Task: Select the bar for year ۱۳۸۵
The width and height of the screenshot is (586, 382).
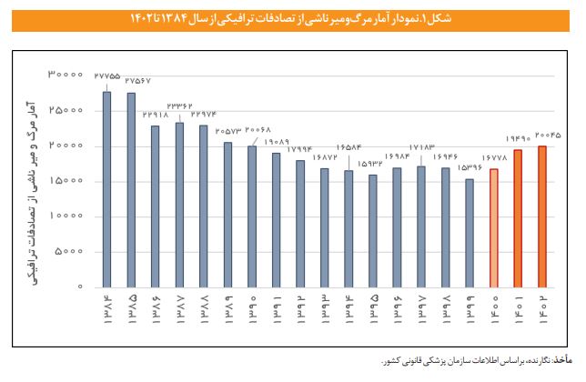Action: [131, 190]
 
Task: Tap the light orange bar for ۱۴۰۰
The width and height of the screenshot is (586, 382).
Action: [494, 228]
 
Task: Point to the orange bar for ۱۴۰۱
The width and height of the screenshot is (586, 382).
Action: [518, 218]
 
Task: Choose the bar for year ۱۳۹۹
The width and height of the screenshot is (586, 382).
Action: [470, 233]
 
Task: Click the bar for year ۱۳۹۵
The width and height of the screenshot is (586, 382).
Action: [372, 231]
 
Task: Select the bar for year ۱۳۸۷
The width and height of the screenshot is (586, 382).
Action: [179, 205]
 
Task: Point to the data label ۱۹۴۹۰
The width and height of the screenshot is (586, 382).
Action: [518, 139]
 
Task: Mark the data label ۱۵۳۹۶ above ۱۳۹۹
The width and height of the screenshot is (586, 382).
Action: [470, 168]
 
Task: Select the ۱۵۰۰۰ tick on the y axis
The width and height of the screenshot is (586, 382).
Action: [66, 181]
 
